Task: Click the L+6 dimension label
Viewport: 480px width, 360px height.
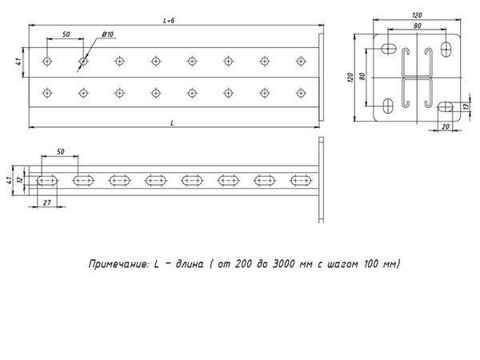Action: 169,21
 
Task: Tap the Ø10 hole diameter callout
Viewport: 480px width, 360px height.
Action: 108,34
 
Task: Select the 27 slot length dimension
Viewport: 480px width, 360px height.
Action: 47,202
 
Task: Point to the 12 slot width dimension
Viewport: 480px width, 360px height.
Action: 20,180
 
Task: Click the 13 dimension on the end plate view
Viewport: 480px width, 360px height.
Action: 466,106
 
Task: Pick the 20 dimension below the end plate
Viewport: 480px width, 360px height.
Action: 446,126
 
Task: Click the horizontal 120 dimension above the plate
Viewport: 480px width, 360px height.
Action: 417,15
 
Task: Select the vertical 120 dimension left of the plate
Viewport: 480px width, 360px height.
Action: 351,78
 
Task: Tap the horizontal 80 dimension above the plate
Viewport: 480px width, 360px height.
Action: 418,26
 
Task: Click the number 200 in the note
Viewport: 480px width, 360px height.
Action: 243,264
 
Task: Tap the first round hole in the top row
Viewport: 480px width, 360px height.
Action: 47,62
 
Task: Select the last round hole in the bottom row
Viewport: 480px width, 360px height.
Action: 302,93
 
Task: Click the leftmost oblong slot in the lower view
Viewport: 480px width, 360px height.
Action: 47,181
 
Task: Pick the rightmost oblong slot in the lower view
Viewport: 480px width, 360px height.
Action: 302,181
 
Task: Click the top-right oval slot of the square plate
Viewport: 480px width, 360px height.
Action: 446,49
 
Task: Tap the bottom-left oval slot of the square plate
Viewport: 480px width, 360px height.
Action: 388,106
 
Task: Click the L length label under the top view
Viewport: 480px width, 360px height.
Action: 172,123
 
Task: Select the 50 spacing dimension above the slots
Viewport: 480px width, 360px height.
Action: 60,152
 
